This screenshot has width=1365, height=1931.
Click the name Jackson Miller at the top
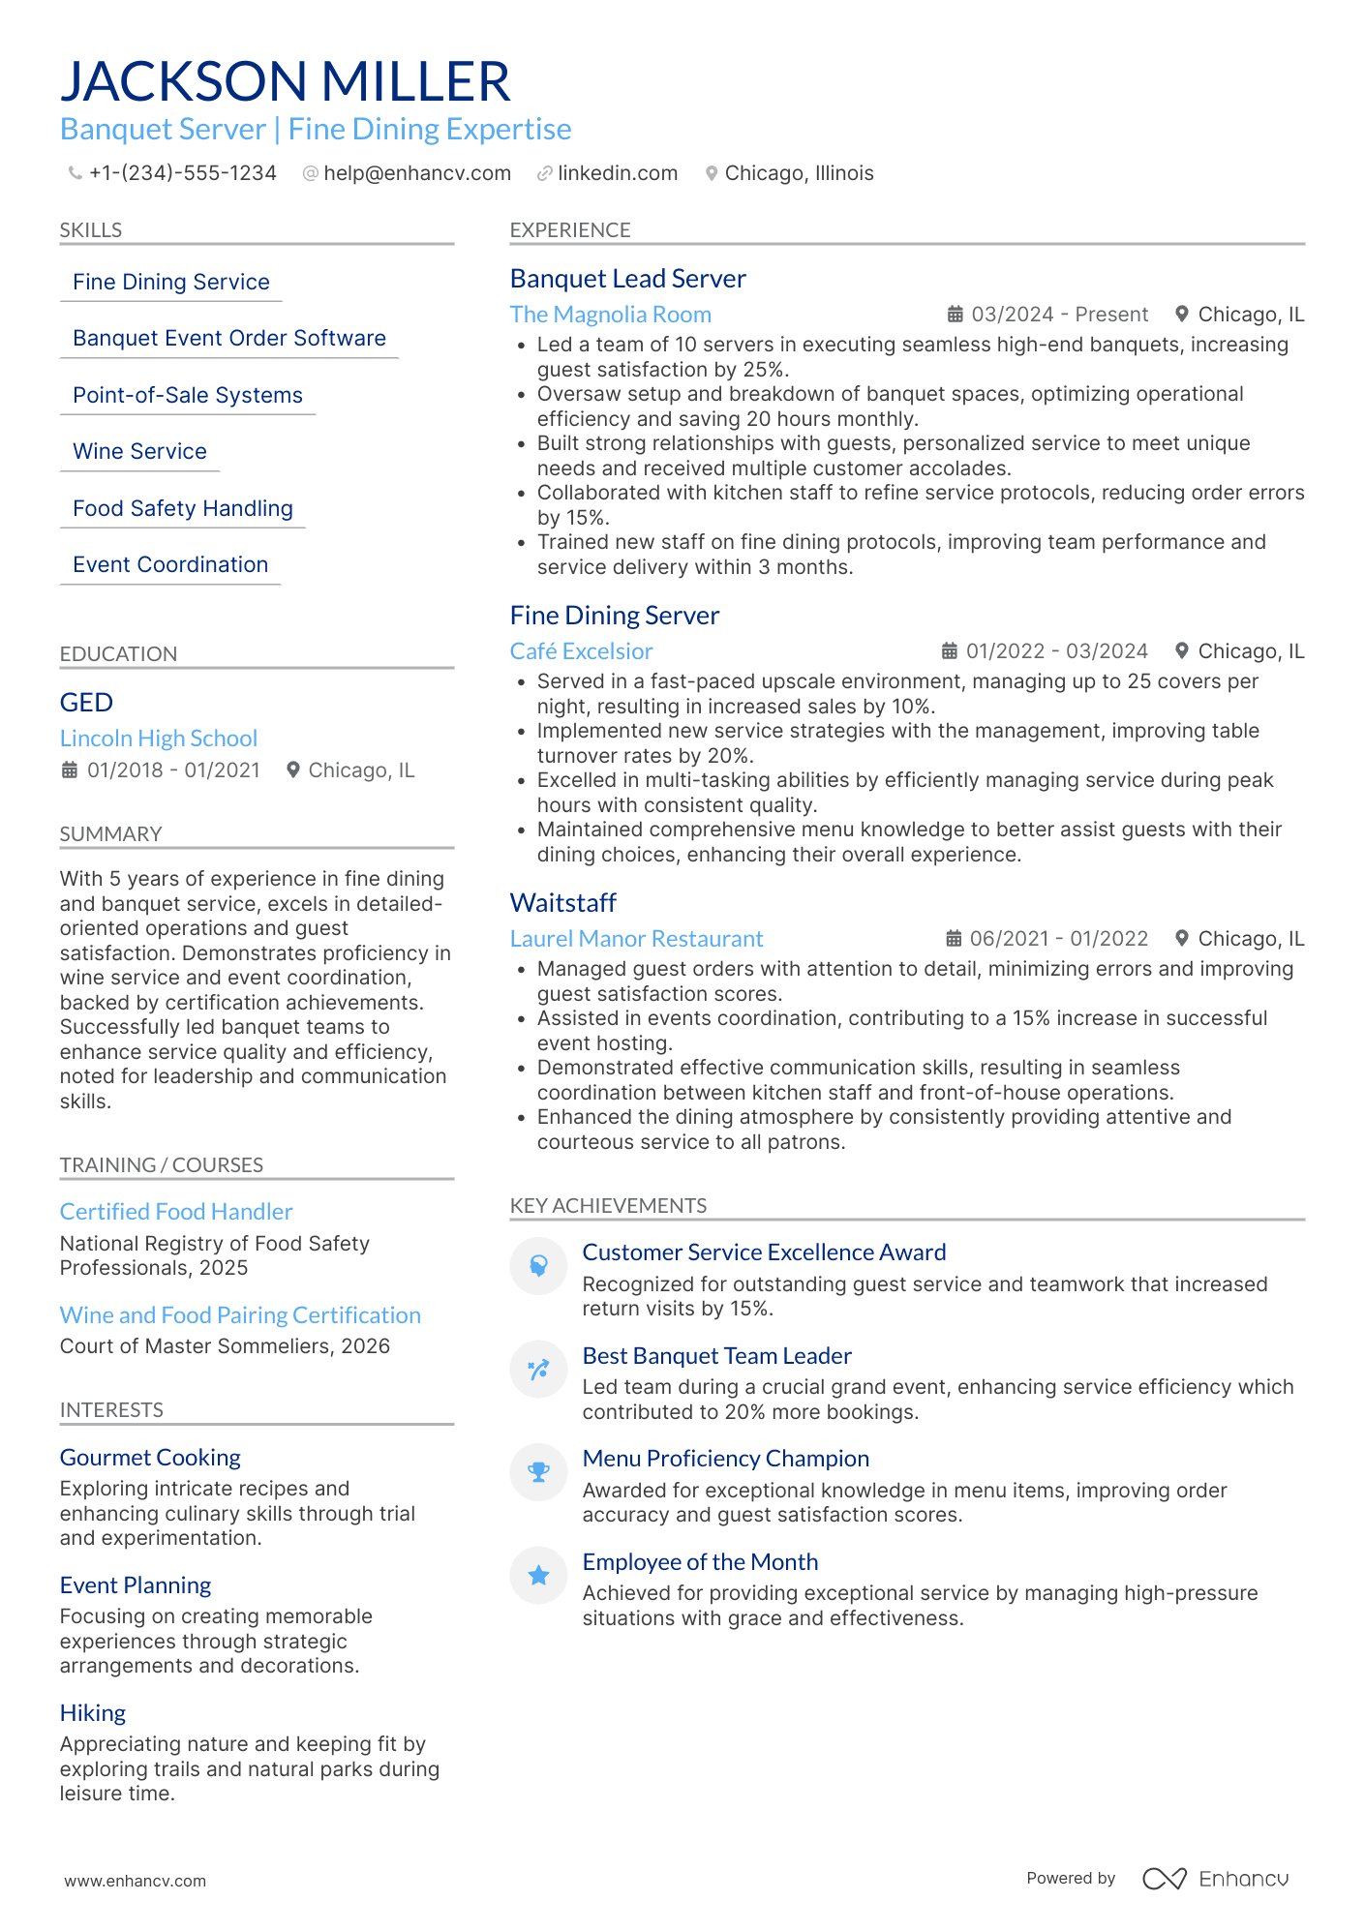[285, 81]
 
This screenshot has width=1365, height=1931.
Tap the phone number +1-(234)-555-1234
[182, 173]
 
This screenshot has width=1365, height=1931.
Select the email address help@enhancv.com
[416, 173]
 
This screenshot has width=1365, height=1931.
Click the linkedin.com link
[617, 173]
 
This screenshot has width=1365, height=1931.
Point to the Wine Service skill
[139, 452]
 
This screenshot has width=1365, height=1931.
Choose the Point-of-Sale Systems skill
[187, 396]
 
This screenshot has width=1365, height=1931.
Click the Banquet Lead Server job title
[627, 279]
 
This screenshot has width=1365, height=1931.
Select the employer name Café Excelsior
[581, 651]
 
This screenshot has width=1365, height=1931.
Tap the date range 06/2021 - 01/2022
[1058, 939]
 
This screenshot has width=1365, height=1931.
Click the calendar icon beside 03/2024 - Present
[955, 315]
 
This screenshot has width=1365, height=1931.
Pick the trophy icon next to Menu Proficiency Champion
[538, 1472]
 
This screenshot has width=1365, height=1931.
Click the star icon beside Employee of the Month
[538, 1576]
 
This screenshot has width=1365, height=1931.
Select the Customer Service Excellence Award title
[764, 1252]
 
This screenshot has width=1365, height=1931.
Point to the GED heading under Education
[86, 703]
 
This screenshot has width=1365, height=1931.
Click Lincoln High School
[159, 739]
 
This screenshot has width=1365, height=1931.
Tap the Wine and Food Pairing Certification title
[240, 1315]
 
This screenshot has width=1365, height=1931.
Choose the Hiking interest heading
[93, 1713]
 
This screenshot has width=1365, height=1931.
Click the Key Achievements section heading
[608, 1206]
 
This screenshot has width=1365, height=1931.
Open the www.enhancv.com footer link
[136, 1881]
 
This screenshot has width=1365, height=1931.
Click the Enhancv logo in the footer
[1215, 1879]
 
